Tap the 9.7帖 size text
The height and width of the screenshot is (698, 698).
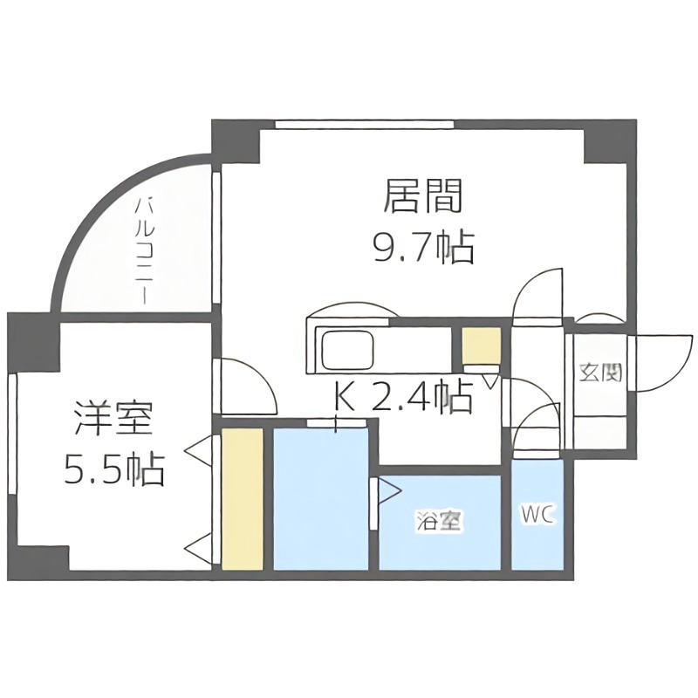point(421,249)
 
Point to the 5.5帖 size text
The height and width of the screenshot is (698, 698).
point(113,471)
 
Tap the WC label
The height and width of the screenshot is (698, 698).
point(537,515)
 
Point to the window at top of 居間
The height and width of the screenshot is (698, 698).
point(365,124)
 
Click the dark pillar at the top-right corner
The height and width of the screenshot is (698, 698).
point(607,141)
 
